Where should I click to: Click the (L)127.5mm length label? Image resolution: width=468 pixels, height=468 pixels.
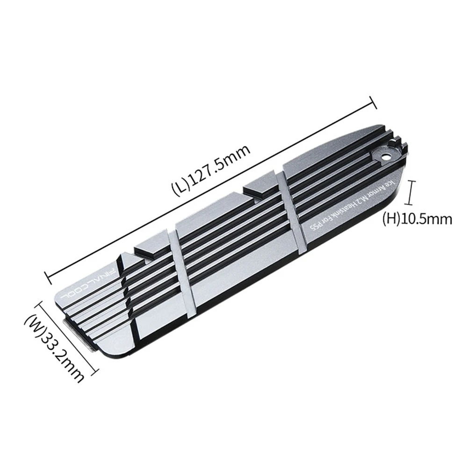click(x=212, y=169)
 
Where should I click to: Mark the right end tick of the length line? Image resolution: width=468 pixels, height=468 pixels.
click(x=373, y=102)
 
